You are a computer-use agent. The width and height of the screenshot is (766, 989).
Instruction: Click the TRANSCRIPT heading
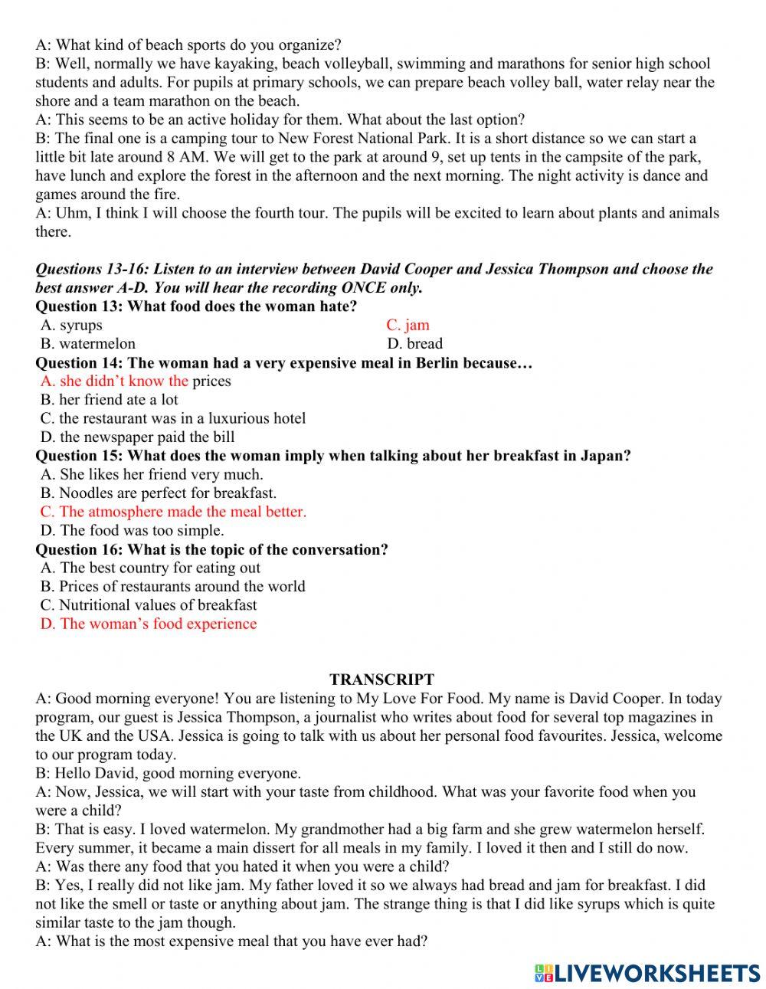pyautogui.click(x=381, y=680)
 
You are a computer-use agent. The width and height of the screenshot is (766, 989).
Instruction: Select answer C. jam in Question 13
pyautogui.click(x=408, y=325)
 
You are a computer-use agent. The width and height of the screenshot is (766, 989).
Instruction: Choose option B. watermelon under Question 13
pyautogui.click(x=88, y=343)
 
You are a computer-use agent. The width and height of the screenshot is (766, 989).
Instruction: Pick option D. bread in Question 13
pyautogui.click(x=414, y=343)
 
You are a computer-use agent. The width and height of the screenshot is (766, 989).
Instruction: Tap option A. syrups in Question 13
pyautogui.click(x=71, y=325)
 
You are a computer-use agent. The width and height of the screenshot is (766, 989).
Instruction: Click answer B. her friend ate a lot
pyautogui.click(x=109, y=399)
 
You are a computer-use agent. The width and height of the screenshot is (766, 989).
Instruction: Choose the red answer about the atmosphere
pyautogui.click(x=173, y=512)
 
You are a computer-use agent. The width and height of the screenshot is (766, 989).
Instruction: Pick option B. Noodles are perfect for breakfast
pyautogui.click(x=159, y=493)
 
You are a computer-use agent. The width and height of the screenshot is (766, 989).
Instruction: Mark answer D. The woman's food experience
pyautogui.click(x=149, y=624)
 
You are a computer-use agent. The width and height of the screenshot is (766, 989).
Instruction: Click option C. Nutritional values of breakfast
pyautogui.click(x=149, y=604)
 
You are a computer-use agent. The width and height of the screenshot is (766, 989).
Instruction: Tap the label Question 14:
pyautogui.click(x=79, y=362)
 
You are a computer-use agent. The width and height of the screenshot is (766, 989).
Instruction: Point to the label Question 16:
pyautogui.click(x=79, y=549)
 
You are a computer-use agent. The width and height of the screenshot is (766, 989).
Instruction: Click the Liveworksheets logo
pyautogui.click(x=647, y=973)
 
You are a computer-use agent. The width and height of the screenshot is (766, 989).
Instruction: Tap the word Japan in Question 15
pyautogui.click(x=604, y=456)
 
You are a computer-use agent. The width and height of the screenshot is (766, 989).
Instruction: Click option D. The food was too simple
pyautogui.click(x=133, y=530)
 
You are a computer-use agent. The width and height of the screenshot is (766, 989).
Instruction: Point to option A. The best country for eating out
pyautogui.click(x=150, y=568)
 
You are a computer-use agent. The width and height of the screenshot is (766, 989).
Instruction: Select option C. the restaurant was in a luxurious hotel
pyautogui.click(x=173, y=418)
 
